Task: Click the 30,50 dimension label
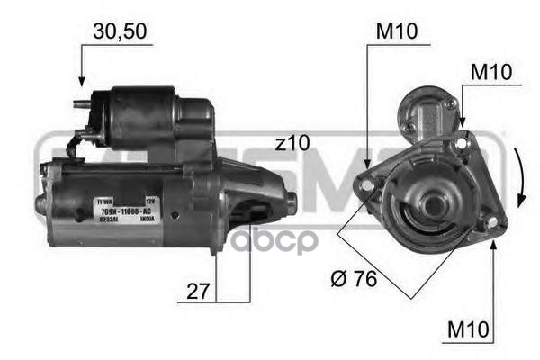point(119,31)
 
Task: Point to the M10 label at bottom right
point(470,332)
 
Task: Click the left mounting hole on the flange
point(365,184)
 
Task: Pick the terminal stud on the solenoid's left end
point(82,101)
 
